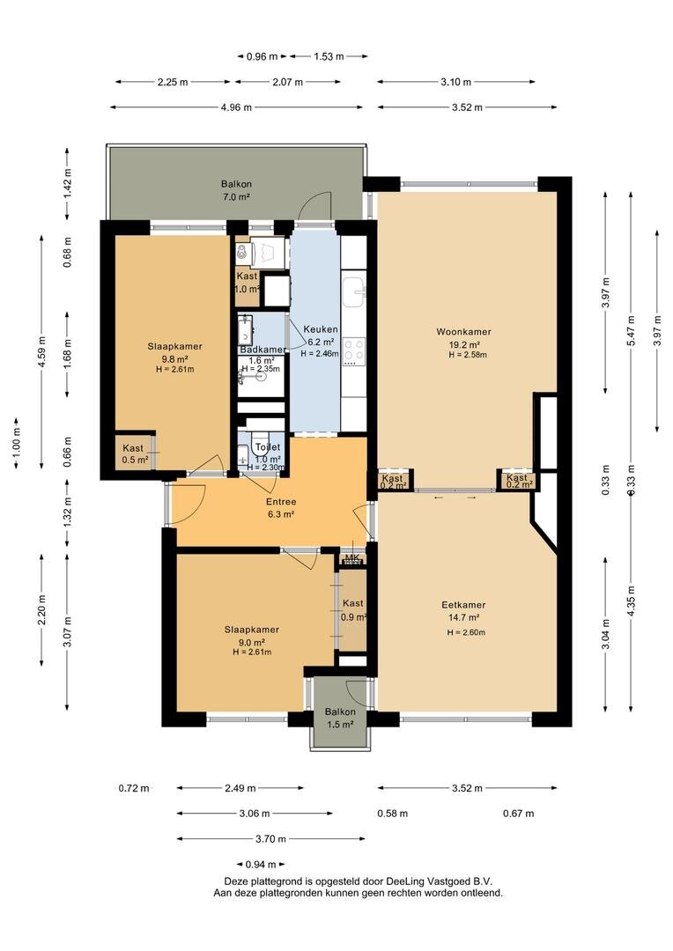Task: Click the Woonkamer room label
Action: (x=463, y=332)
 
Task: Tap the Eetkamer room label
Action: (x=463, y=605)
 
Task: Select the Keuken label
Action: (x=321, y=329)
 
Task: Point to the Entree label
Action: (x=281, y=502)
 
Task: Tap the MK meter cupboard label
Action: (x=352, y=557)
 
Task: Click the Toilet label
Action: (x=268, y=447)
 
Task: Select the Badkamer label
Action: (x=263, y=350)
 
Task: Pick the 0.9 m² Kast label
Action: (x=352, y=603)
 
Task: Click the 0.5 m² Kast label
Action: (x=133, y=448)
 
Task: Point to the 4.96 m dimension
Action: (x=236, y=107)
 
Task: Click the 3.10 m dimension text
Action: (x=455, y=82)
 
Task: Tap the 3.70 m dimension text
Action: (x=270, y=839)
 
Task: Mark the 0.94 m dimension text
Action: (x=261, y=865)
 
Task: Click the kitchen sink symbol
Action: (x=354, y=292)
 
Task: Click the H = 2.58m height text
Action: (x=467, y=355)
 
